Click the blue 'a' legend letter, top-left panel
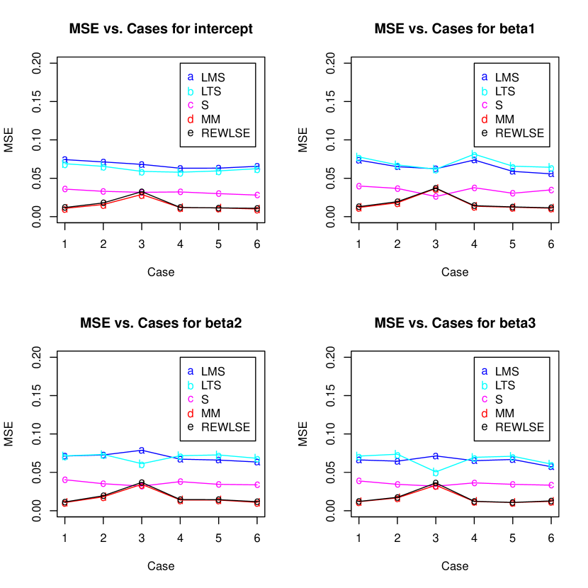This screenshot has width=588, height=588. [191, 77]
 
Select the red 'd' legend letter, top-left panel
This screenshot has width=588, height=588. [191, 119]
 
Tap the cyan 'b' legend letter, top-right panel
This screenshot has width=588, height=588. [485, 91]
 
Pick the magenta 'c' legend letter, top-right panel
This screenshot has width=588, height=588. [485, 105]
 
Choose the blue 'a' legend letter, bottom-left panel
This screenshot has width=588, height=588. [191, 371]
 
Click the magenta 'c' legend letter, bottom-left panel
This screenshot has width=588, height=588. [191, 399]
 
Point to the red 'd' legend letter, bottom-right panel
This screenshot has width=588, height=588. [485, 414]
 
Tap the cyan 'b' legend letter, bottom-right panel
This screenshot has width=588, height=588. [485, 385]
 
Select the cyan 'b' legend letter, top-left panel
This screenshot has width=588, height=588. [191, 91]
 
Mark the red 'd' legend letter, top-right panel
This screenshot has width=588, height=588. [485, 119]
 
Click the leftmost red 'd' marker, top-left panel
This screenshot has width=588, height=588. [64, 209]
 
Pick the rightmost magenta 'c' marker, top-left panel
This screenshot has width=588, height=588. [257, 195]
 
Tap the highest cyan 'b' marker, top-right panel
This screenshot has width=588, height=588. [475, 154]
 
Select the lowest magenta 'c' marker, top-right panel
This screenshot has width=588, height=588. [436, 196]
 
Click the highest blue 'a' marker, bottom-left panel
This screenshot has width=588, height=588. [142, 450]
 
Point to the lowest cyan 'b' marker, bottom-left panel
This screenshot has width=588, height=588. [142, 464]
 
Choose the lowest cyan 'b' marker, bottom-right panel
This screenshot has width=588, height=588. [436, 473]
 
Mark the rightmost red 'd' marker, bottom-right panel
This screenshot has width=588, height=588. [551, 502]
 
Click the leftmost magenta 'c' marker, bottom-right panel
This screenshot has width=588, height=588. [358, 481]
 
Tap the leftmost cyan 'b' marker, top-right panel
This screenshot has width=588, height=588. [358, 157]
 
